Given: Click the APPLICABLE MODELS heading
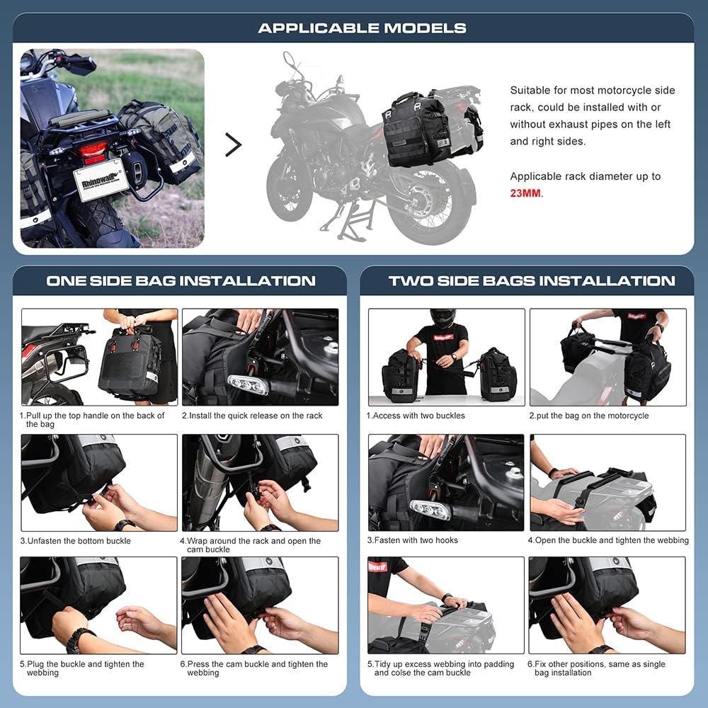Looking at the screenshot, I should tap(362, 28).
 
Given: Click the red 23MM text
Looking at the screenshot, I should tap(525, 193).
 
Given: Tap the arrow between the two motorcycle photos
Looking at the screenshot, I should tap(233, 144).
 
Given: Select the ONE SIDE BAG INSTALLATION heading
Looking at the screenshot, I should tap(181, 281).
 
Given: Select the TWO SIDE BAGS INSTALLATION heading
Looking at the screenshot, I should tap(532, 281).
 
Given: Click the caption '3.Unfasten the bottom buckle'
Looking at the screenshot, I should tap(75, 541).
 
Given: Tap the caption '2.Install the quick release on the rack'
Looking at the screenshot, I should tap(252, 416).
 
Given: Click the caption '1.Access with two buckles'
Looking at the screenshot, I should tap(416, 416).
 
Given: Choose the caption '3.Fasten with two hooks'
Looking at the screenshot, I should tap(412, 540).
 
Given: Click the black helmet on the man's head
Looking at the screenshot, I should tap(443, 318).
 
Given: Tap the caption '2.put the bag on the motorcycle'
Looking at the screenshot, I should tap(589, 416).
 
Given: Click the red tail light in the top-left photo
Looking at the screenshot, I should tap(93, 151).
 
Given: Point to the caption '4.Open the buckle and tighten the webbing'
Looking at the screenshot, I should tap(607, 540).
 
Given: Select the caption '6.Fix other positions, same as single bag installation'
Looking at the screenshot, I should tap(597, 668).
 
